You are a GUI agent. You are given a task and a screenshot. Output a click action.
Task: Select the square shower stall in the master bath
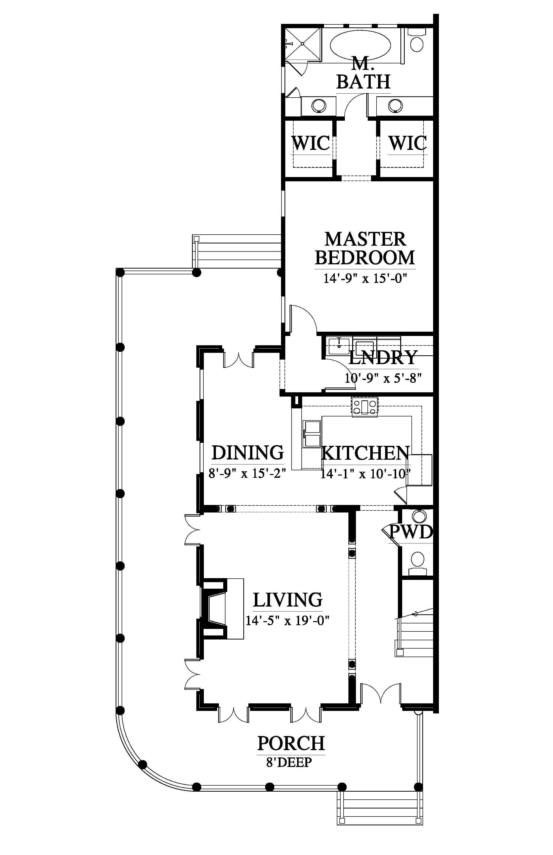(303, 45)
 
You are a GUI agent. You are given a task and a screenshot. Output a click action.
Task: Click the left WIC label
(311, 143)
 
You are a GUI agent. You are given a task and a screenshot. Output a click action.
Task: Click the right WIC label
(407, 143)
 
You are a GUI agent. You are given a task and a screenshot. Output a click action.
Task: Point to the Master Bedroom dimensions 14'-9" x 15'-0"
(365, 278)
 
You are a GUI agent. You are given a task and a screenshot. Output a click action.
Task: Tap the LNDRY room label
(383, 357)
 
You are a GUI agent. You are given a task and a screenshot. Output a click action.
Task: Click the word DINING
(247, 453)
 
